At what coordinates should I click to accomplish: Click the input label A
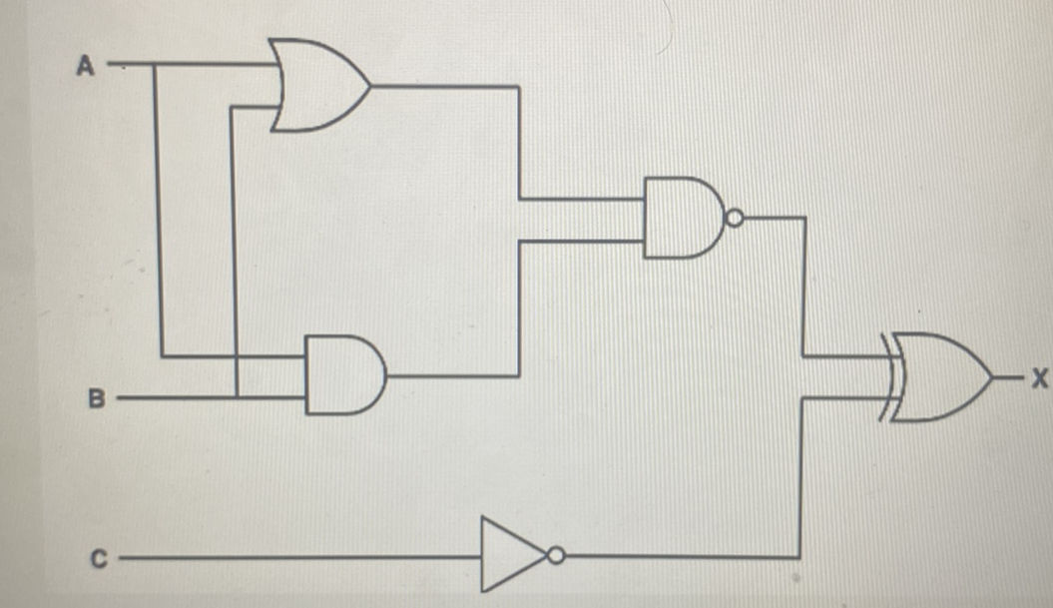pyautogui.click(x=85, y=66)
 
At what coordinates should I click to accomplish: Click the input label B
pyautogui.click(x=96, y=398)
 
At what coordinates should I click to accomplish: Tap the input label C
pyautogui.click(x=99, y=559)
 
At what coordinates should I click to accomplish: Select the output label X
pyautogui.click(x=1041, y=378)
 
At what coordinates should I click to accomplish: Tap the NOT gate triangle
pyautogui.click(x=509, y=555)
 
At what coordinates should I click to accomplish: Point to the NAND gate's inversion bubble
pyautogui.click(x=735, y=218)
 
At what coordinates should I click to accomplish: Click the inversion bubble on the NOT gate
pyautogui.click(x=555, y=555)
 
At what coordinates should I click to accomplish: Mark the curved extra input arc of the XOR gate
pyautogui.click(x=885, y=378)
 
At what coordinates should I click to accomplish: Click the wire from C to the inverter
pyautogui.click(x=299, y=558)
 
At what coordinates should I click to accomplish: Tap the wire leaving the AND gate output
pyautogui.click(x=449, y=376)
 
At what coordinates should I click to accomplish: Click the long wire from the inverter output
pyautogui.click(x=679, y=556)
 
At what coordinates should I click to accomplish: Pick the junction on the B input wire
pyautogui.click(x=235, y=397)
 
